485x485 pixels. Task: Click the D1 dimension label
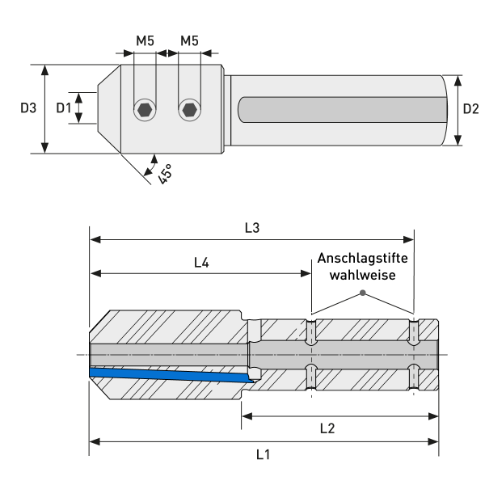point(64,108)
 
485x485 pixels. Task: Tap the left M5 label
point(145,40)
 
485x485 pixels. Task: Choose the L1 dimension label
point(263,454)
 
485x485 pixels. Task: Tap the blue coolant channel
point(170,374)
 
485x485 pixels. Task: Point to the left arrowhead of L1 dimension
point(94,441)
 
